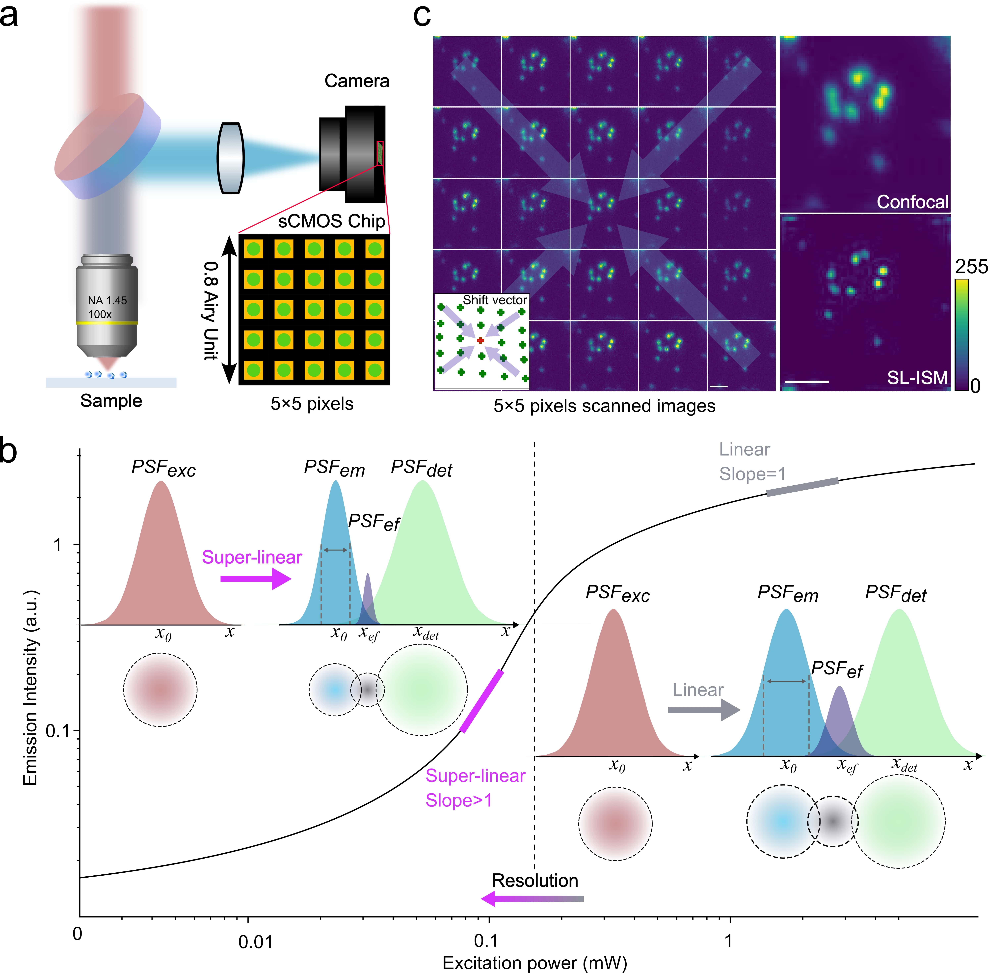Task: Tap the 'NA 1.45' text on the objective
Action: pyautogui.click(x=107, y=301)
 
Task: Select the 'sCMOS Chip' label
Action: pyautogui.click(x=332, y=221)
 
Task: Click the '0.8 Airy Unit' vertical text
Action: pyautogui.click(x=211, y=311)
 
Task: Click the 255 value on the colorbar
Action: pyautogui.click(x=971, y=267)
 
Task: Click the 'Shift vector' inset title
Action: pyautogui.click(x=495, y=300)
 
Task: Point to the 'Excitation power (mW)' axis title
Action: pyautogui.click(x=534, y=963)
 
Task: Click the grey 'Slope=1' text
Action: pyautogui.click(x=752, y=474)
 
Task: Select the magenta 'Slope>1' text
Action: pyautogui.click(x=459, y=800)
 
